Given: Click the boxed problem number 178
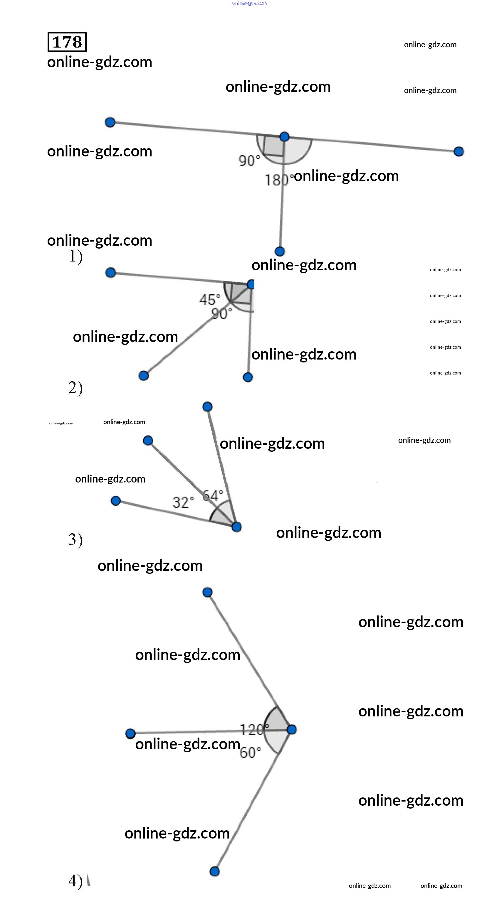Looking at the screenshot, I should (x=67, y=42).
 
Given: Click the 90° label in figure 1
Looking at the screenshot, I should (x=249, y=161).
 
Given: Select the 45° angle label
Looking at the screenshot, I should (x=210, y=299).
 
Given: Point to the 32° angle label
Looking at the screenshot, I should (x=183, y=502).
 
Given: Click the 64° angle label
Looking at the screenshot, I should (x=213, y=495).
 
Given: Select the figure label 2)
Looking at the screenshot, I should (x=75, y=388).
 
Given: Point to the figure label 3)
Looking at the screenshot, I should (x=75, y=540).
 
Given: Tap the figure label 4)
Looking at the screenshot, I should (x=75, y=881).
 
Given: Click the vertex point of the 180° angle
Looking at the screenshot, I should (x=284, y=136).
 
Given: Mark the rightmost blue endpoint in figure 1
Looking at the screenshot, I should (x=459, y=151).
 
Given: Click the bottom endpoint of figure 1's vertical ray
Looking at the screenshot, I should (x=280, y=252).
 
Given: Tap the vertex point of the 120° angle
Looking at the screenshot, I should (x=291, y=730).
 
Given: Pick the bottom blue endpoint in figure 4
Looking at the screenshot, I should (x=215, y=871).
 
